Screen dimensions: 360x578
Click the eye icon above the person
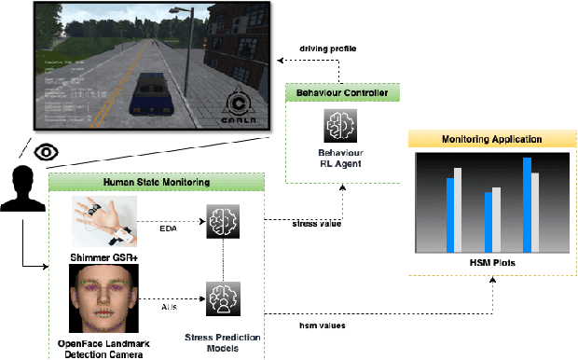[x=44, y=150]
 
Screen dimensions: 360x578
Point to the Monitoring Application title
[x=491, y=139]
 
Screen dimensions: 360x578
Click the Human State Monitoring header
[x=154, y=183]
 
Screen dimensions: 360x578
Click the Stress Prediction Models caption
[x=222, y=342]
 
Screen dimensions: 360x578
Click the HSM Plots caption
[x=491, y=263]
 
